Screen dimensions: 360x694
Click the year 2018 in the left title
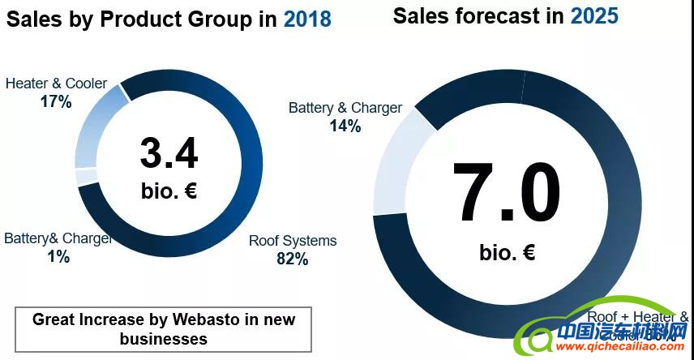click(x=307, y=19)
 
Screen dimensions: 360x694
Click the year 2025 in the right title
click(x=594, y=15)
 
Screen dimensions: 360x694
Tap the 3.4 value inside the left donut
click(x=169, y=153)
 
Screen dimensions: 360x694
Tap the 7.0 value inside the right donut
click(x=506, y=194)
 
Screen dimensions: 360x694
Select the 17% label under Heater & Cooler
click(x=56, y=101)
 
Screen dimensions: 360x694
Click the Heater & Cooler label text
click(x=56, y=84)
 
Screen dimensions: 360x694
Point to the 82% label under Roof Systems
click(x=292, y=259)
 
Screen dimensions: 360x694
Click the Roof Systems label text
click(x=292, y=241)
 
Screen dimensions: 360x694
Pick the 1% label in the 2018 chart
click(x=58, y=257)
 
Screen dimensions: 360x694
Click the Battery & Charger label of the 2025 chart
click(x=345, y=108)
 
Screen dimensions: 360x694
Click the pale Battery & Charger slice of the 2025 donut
click(x=397, y=162)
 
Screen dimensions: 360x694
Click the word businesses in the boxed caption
click(x=163, y=338)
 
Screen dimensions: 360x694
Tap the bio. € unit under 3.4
click(x=169, y=191)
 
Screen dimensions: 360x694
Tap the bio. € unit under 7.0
click(x=506, y=252)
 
